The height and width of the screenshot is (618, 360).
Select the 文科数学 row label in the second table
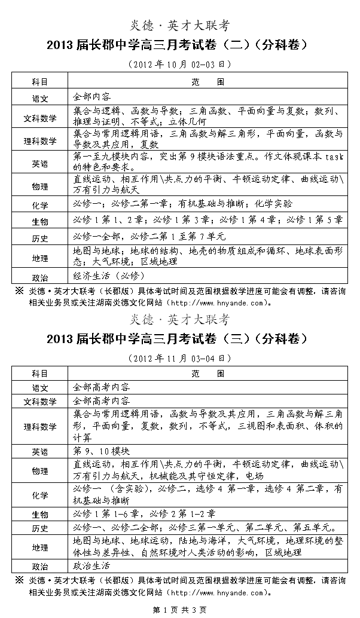point(40,400)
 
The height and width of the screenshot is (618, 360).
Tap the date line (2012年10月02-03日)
point(179,63)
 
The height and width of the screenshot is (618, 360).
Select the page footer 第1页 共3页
point(179,610)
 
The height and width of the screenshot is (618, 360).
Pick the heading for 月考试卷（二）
point(179,45)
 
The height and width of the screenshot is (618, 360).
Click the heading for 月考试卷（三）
point(179,339)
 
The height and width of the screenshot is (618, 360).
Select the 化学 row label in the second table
point(40,495)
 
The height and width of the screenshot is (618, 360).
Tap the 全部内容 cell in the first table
point(91,96)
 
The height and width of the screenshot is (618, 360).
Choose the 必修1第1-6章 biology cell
point(144,513)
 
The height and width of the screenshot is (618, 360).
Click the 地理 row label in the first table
point(40,258)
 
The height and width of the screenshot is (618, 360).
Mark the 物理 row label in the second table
point(40,470)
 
